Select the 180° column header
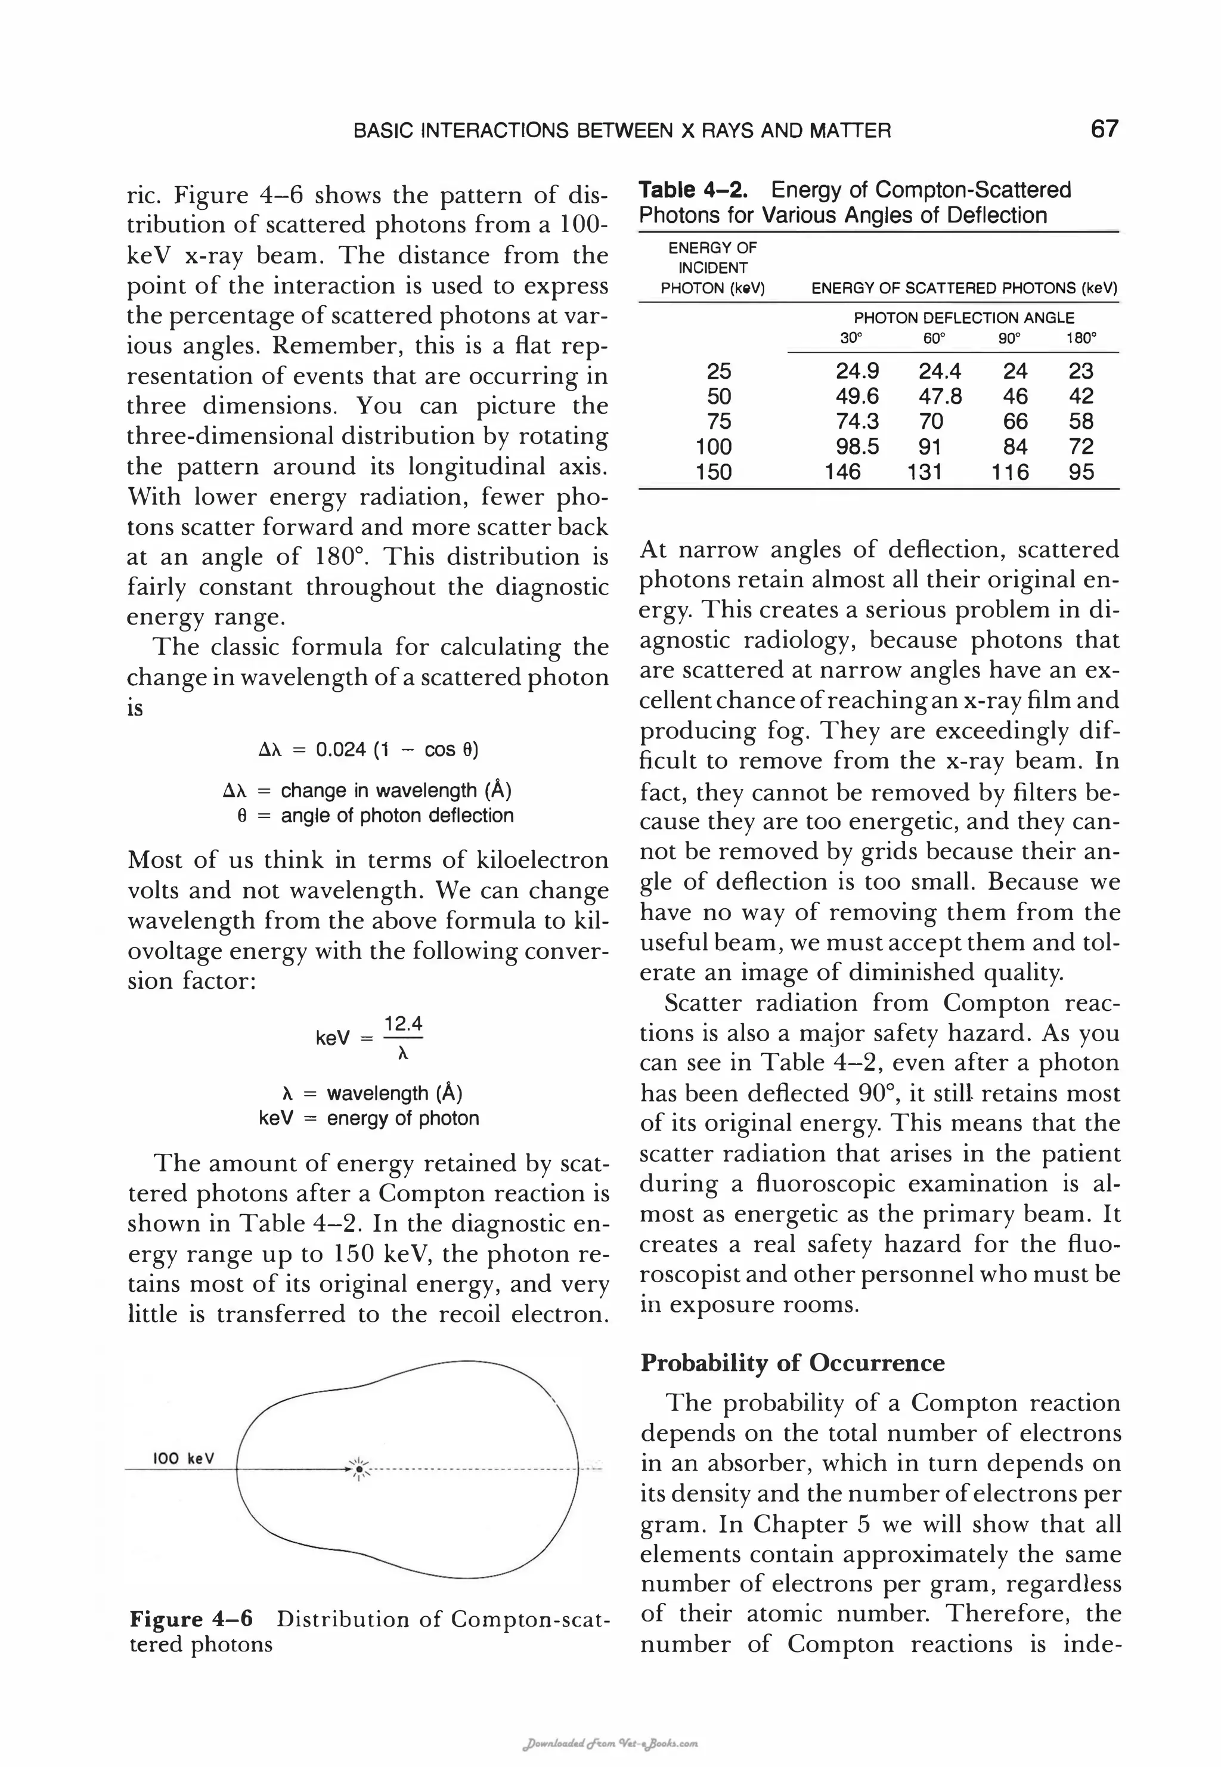1081,338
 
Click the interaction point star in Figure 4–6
360,1469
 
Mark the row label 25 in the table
718,370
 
